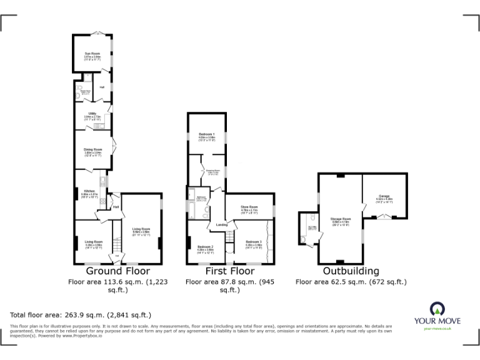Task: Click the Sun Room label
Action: (92, 54)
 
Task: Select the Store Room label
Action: (249, 208)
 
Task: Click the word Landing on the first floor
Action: (221, 224)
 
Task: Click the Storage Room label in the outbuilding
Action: (341, 220)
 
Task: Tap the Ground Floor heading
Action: (117, 271)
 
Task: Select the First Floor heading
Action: (229, 271)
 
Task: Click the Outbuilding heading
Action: (351, 271)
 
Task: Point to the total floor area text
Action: (81, 314)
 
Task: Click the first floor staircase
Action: (229, 236)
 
